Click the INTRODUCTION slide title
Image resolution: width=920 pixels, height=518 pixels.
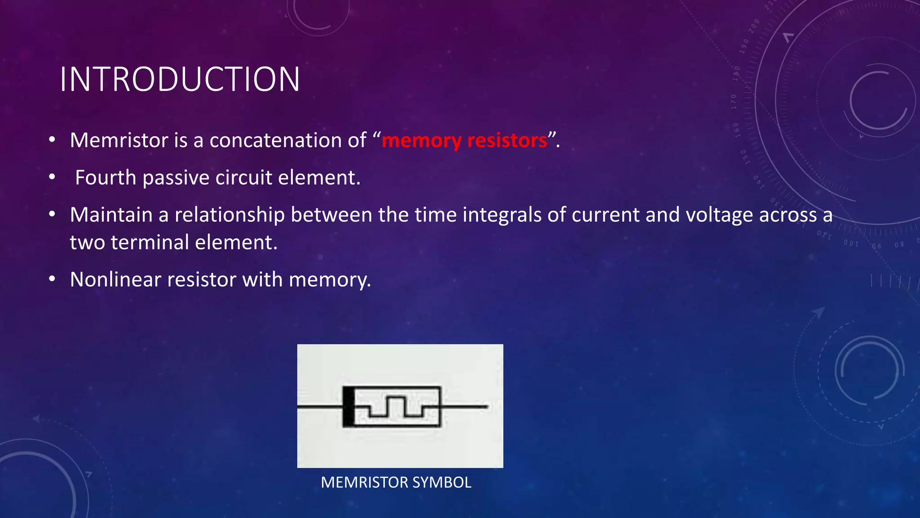click(180, 80)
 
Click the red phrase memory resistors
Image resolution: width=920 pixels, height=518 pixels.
click(464, 141)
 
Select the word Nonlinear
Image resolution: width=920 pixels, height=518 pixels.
click(116, 280)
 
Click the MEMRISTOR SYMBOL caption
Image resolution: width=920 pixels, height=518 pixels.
click(396, 482)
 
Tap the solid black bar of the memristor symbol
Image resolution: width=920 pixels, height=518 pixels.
click(348, 406)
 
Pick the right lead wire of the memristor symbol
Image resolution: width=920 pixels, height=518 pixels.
click(464, 406)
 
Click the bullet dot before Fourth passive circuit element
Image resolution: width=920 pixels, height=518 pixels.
click(53, 178)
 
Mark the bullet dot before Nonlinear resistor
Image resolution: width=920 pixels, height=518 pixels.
click(53, 280)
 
